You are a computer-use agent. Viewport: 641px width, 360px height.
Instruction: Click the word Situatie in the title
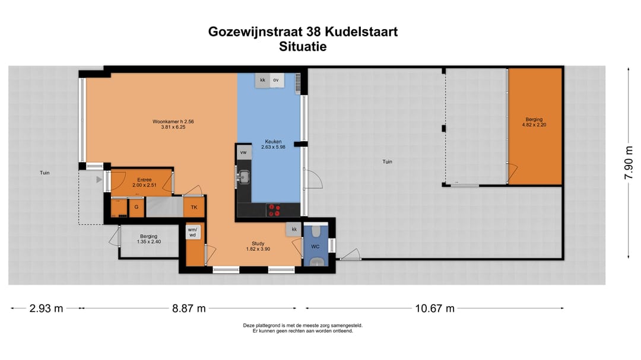tap(303, 47)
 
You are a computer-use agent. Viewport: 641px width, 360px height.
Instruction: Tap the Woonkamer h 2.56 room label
tap(173, 124)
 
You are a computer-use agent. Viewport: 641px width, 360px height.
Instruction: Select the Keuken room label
tap(274, 144)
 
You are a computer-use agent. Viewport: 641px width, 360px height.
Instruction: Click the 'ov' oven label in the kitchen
tap(275, 79)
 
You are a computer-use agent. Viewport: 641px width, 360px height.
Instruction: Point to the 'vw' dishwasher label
tap(243, 152)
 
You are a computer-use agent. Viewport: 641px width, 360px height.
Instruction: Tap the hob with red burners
tap(274, 209)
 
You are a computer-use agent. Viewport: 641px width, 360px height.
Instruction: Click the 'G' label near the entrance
tap(137, 207)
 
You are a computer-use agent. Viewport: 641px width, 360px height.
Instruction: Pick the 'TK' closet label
tap(193, 207)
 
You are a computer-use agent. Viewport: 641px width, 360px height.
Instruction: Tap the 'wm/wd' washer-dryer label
tap(192, 232)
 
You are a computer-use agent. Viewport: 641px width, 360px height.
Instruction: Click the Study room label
tap(258, 246)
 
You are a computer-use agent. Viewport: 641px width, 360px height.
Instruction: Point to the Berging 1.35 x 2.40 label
tap(149, 239)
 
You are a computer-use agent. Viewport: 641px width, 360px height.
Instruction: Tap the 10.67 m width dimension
tap(434, 308)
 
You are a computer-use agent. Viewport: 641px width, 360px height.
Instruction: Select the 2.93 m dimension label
tap(46, 308)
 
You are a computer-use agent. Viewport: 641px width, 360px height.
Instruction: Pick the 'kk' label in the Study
tap(294, 229)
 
